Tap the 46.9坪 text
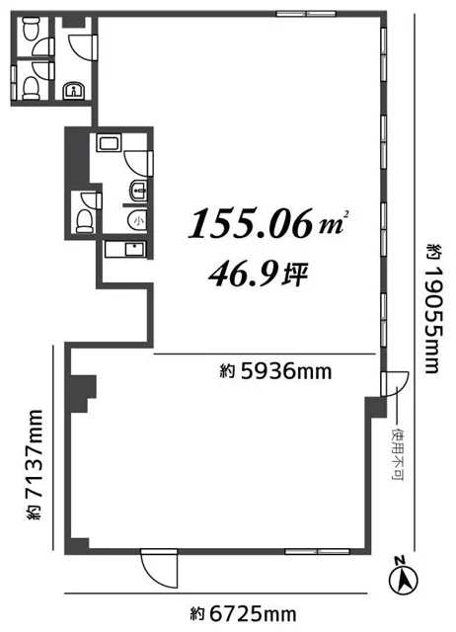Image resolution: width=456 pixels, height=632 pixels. tap(259, 275)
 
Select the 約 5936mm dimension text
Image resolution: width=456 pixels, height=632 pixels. tap(276, 371)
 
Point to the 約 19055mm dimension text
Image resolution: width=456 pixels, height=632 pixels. tap(434, 307)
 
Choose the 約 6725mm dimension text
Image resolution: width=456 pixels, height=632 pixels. tap(244, 614)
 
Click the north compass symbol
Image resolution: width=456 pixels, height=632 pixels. tap(403, 576)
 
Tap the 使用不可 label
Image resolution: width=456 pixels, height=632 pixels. tap(398, 454)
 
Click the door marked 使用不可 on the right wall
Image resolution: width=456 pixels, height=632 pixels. tap(395, 384)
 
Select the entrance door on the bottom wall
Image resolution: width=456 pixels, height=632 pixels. tap(159, 568)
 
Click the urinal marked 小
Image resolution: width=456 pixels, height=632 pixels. tap(137, 220)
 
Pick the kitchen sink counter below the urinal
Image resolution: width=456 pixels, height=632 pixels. tap(125, 250)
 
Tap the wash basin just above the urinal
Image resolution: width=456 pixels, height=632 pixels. tap(138, 191)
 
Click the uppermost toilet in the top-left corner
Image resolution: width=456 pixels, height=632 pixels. tap(32, 29)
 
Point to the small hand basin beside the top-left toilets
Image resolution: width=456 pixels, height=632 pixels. tap(74, 91)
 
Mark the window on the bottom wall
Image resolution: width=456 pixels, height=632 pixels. tap(318, 551)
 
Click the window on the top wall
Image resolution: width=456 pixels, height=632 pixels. tap(306, 14)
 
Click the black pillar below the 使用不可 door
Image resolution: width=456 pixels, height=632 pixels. tap(376, 407)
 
